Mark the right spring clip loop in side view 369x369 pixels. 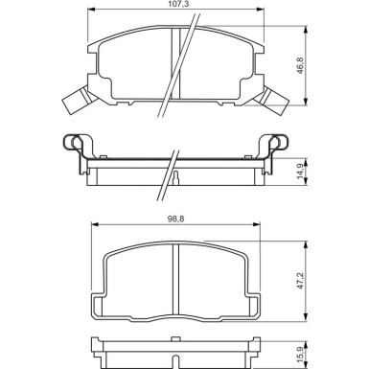pyautogui.click(x=284, y=144)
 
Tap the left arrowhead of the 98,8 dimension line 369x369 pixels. pyautogui.click(x=92, y=227)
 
